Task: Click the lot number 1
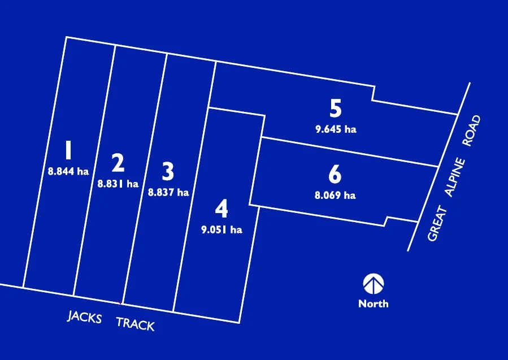(68, 151)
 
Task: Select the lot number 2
(118, 163)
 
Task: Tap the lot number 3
(168, 171)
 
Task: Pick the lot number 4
(222, 209)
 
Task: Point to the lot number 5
(336, 108)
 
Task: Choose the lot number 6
(335, 175)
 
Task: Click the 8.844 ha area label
(68, 171)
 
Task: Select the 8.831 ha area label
(118, 183)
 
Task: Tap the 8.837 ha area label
(168, 192)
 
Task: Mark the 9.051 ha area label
(222, 229)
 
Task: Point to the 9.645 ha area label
(336, 129)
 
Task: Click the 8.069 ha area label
(335, 196)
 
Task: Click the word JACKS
(85, 317)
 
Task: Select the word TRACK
(135, 324)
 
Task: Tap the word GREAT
(434, 224)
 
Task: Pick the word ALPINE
(454, 178)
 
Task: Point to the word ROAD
(471, 131)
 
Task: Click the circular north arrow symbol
(373, 284)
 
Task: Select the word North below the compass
(373, 303)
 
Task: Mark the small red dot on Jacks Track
(121, 303)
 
